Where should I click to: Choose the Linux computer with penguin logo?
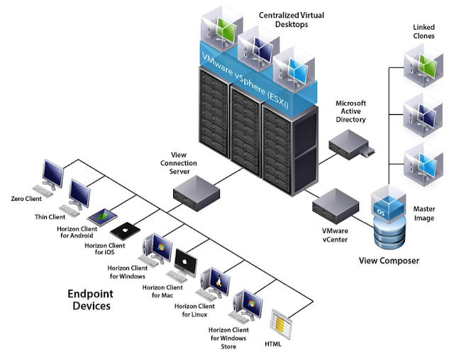(214, 283)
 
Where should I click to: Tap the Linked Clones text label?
(425, 31)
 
